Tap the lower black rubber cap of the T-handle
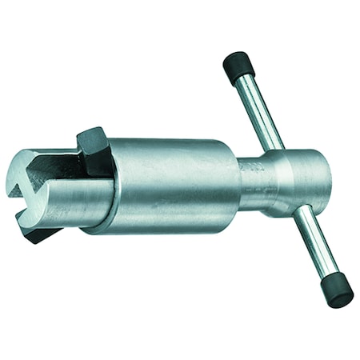click(x=338, y=293)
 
